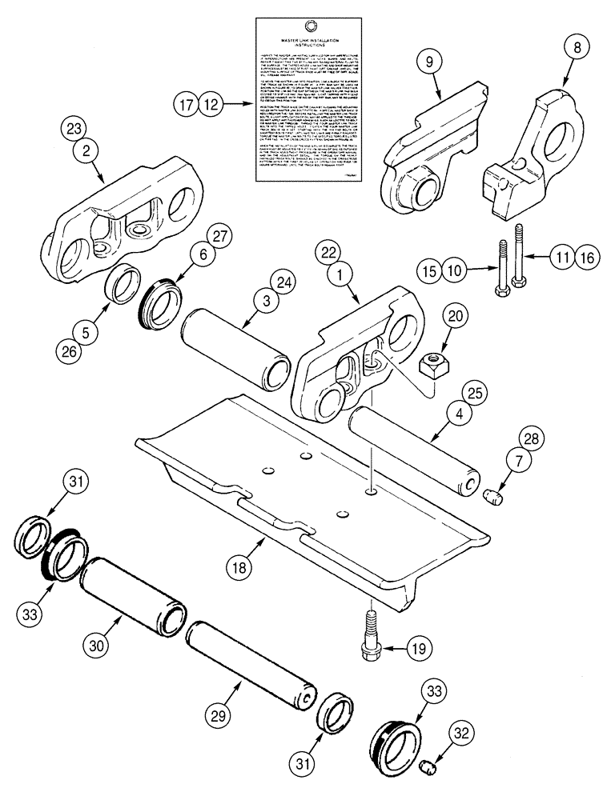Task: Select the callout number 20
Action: click(458, 316)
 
